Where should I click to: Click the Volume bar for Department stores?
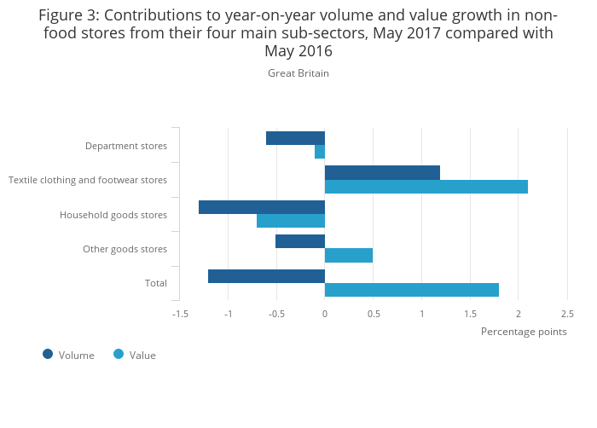(x=295, y=138)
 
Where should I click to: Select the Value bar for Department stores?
(x=320, y=152)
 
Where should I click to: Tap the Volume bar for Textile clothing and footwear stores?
(x=382, y=172)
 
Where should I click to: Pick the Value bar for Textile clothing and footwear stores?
(x=426, y=187)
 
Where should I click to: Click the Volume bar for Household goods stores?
(x=262, y=207)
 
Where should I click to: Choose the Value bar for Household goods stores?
(x=291, y=221)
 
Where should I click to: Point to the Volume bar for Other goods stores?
(x=300, y=241)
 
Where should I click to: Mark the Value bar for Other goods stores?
(x=349, y=255)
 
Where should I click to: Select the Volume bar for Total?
(x=266, y=275)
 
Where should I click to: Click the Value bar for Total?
(x=412, y=290)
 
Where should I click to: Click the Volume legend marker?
(x=48, y=354)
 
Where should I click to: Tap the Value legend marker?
(x=119, y=354)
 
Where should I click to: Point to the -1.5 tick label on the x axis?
(x=180, y=314)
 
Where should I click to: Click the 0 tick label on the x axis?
(x=325, y=314)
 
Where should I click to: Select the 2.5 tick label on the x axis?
(x=567, y=314)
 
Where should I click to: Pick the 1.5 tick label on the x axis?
(x=470, y=314)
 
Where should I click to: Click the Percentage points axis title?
(x=524, y=332)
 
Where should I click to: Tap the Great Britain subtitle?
(x=298, y=73)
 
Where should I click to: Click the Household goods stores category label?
(x=113, y=215)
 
